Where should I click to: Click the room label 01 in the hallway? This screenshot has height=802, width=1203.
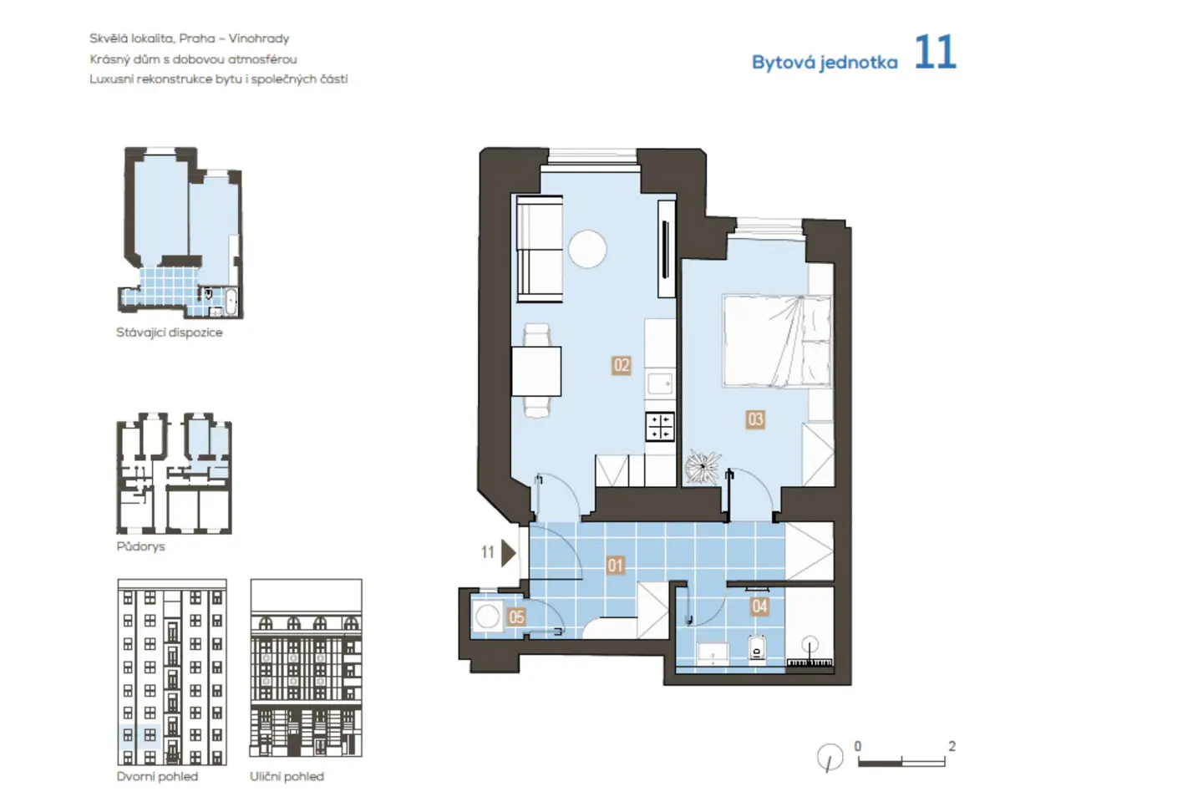click(615, 566)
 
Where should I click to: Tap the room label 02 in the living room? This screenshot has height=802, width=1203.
click(621, 365)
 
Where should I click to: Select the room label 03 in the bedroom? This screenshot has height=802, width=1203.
click(755, 419)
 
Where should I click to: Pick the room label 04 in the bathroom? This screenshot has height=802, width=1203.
click(759, 606)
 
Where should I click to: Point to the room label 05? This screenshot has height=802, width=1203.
click(516, 617)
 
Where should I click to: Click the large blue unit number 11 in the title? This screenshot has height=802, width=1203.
click(934, 53)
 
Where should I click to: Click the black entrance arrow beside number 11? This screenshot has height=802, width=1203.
click(508, 552)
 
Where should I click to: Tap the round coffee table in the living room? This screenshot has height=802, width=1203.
click(587, 249)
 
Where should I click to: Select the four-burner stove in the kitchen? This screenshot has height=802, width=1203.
click(659, 426)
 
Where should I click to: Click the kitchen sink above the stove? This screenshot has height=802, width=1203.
click(660, 383)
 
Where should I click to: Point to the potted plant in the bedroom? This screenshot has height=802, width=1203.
click(703, 467)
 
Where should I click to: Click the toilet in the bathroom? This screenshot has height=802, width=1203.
click(757, 648)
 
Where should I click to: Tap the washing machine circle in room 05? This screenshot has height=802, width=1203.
click(487, 617)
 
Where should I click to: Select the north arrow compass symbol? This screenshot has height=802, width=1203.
click(830, 758)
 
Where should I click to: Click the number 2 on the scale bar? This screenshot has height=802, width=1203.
click(952, 746)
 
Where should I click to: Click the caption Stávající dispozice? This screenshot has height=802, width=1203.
click(169, 332)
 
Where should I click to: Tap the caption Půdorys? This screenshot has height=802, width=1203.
click(140, 546)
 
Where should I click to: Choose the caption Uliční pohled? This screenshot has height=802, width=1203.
click(287, 777)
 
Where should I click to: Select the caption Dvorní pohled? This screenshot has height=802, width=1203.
click(157, 777)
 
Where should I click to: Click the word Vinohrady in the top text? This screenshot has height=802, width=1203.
click(259, 38)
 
